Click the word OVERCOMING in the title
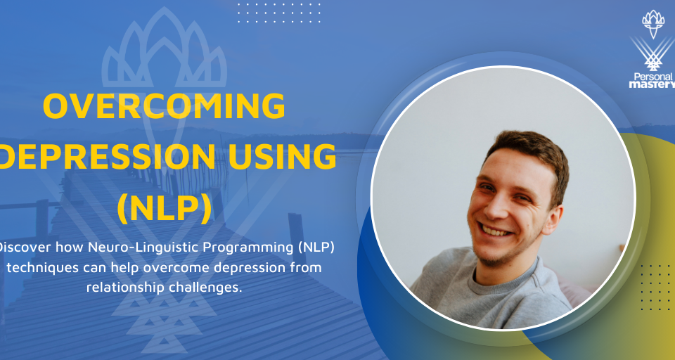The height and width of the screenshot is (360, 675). tap(164, 106)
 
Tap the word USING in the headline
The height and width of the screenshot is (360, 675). tap(283, 156)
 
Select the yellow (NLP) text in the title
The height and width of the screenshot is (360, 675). tap(164, 208)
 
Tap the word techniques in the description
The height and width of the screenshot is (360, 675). tap(43, 267)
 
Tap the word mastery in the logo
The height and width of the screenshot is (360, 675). tap(652, 84)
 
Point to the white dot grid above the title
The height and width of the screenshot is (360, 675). tap(279, 13)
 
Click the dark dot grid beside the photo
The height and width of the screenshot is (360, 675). tap(655, 287)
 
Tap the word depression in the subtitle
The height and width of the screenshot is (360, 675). tap(255, 268)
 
